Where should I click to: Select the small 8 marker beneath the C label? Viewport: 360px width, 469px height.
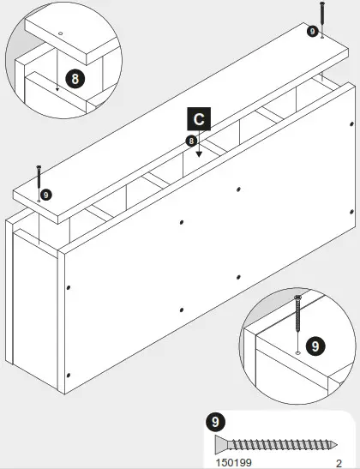coord(191,140)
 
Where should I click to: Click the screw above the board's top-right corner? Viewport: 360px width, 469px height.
coord(321,19)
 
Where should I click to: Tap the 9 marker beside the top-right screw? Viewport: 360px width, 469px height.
coord(312,31)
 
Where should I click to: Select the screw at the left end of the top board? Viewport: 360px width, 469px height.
coord(39,177)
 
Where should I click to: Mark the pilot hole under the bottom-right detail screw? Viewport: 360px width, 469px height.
coord(297,352)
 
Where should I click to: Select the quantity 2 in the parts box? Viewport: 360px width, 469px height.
coord(339,461)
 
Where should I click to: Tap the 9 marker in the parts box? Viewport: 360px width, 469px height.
coord(215,421)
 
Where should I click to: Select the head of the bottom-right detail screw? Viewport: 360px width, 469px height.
coord(297,298)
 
